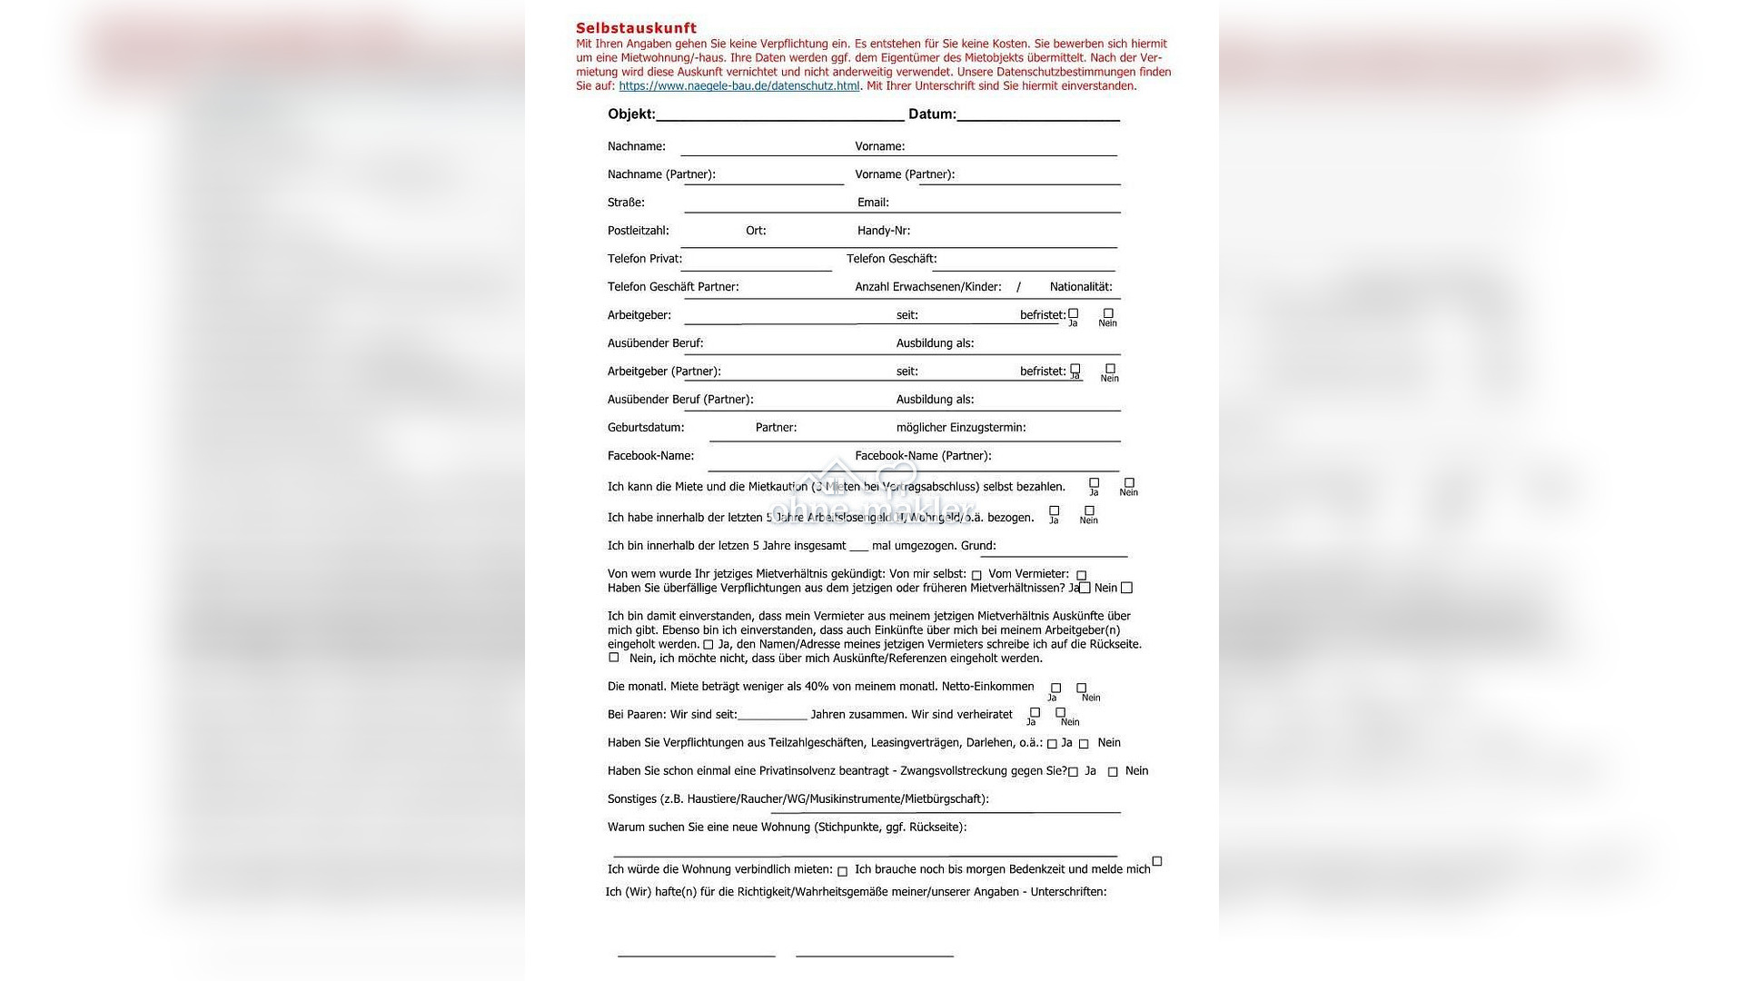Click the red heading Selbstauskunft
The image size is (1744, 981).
pos(636,28)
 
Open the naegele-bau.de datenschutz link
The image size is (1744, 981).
pos(738,86)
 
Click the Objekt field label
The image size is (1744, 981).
pos(630,114)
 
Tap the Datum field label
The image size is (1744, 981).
pos(931,114)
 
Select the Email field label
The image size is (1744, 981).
pos(873,203)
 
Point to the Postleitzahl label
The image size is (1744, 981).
pos(638,231)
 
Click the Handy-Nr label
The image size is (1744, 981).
pos(883,231)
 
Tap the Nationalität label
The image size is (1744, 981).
pos(1080,287)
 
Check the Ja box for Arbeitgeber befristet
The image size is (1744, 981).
pos(1073,313)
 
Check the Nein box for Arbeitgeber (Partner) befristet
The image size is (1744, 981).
pos(1110,369)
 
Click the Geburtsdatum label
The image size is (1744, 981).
pos(645,428)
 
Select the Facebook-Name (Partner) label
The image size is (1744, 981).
pos(922,456)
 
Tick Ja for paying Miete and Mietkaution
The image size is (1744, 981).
pos(1094,483)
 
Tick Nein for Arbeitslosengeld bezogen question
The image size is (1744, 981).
pos(1089,510)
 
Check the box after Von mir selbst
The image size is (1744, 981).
pos(976,575)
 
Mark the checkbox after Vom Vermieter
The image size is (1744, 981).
pos(1081,575)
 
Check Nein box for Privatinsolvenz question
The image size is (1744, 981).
pos(1113,772)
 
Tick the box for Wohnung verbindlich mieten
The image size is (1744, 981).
pos(842,871)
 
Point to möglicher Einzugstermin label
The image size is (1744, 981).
pos(960,428)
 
